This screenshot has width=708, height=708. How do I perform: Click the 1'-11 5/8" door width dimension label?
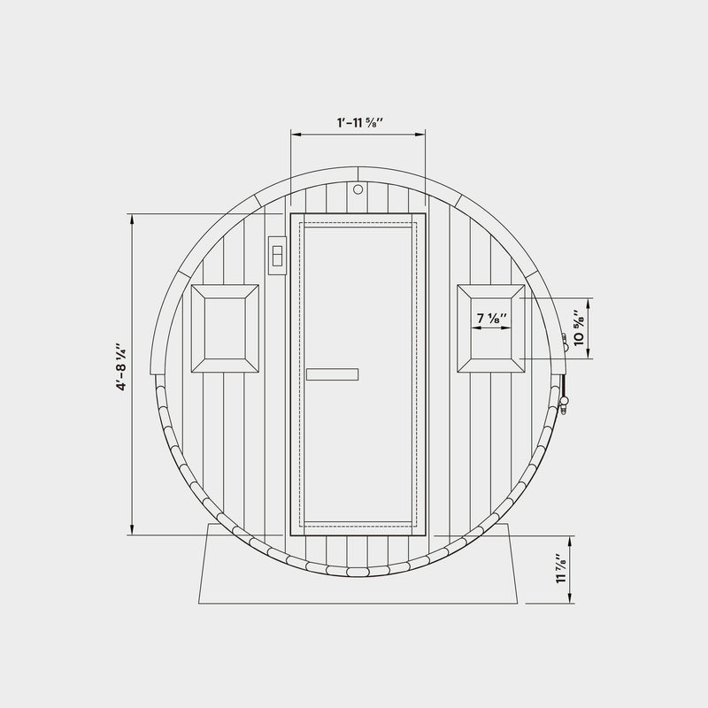360,122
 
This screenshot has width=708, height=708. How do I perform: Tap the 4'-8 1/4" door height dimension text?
121,366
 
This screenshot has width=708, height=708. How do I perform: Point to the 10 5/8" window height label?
580,327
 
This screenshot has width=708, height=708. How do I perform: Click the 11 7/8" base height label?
561,568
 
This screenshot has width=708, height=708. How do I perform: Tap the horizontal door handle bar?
333,374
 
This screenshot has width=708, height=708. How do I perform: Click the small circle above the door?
358,189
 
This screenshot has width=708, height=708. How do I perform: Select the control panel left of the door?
277,256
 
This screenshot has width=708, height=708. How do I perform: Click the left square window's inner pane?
225,328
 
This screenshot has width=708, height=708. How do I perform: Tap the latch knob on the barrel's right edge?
564,401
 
